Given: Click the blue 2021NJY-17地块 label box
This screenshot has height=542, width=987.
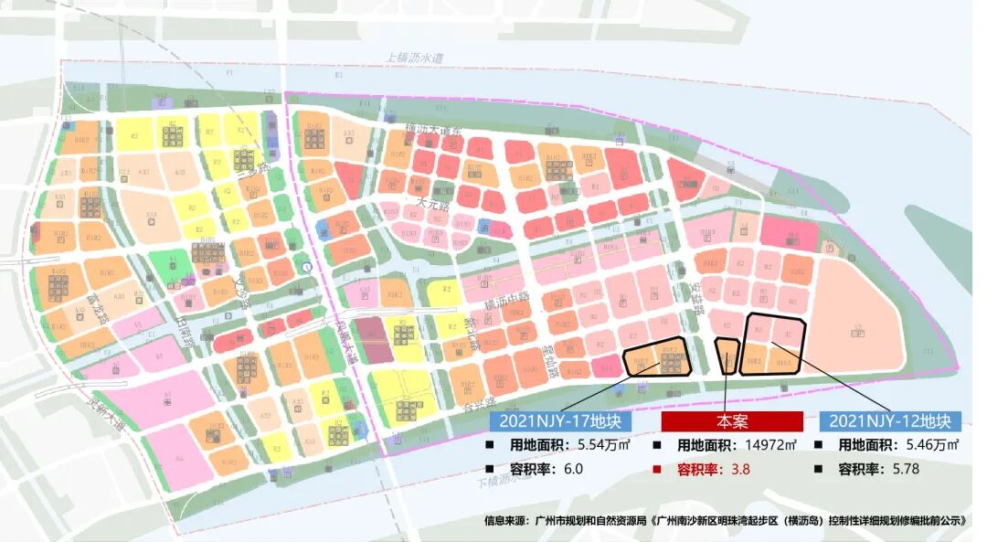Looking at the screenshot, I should pos(560,421).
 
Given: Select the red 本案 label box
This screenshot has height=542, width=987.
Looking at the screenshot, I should pos(731,421).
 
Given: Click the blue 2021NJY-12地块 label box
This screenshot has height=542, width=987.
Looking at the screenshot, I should pos(890,421).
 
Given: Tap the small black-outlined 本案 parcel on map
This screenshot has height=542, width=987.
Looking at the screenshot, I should pos(727,356).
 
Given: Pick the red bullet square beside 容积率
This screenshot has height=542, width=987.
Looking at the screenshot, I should pos(659,469).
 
